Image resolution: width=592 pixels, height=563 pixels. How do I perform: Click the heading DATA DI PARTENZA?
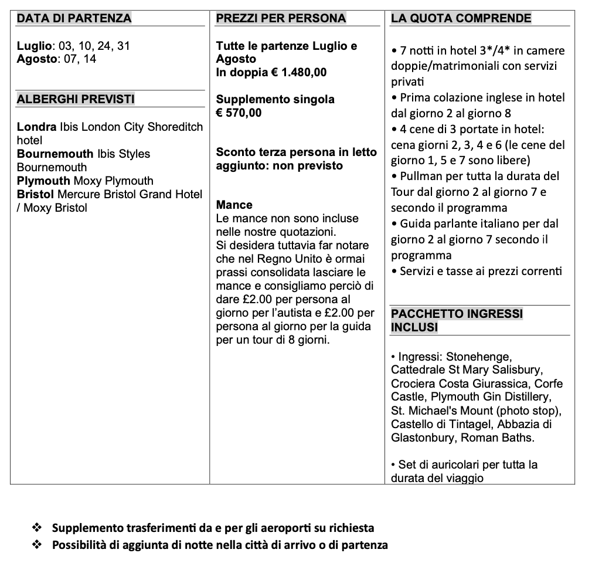point(74,18)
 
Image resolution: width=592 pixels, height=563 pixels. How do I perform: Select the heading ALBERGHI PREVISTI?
point(76,99)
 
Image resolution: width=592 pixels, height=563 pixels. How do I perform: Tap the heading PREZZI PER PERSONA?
point(281,18)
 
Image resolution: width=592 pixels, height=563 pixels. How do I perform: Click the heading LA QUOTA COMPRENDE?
point(461,18)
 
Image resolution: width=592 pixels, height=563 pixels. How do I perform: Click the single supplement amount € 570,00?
point(239,113)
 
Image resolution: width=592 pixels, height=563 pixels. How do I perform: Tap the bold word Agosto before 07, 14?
point(36,59)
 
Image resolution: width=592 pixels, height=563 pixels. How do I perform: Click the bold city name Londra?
point(37,127)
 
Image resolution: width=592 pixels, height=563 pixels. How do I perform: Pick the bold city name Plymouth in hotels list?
point(43,181)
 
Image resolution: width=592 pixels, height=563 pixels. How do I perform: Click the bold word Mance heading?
point(234,205)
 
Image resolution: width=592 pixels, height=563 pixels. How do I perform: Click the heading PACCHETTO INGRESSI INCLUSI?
point(457,320)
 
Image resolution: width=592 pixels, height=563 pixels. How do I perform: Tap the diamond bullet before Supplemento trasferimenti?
point(38,528)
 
